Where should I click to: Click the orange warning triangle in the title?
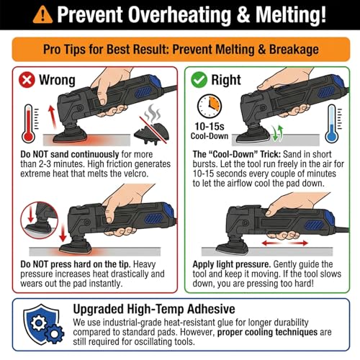(42, 15)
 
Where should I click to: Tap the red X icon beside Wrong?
(27, 80)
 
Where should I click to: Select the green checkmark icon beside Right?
(199, 80)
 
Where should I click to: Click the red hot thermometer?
(29, 124)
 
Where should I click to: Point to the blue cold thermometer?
(332, 124)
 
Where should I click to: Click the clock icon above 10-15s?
(210, 106)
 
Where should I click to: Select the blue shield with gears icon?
(44, 324)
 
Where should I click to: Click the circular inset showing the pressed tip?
(40, 220)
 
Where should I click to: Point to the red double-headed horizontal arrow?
(285, 243)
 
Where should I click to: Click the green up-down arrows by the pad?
(277, 133)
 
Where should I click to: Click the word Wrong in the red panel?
(57, 80)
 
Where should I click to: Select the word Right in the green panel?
(226, 80)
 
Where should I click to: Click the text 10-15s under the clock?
(210, 126)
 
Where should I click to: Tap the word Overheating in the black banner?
(179, 15)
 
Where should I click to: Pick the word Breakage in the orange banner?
(294, 50)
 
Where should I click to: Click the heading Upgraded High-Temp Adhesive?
(154, 309)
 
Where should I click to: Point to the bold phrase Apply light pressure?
(232, 264)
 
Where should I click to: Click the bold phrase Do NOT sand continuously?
(70, 154)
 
